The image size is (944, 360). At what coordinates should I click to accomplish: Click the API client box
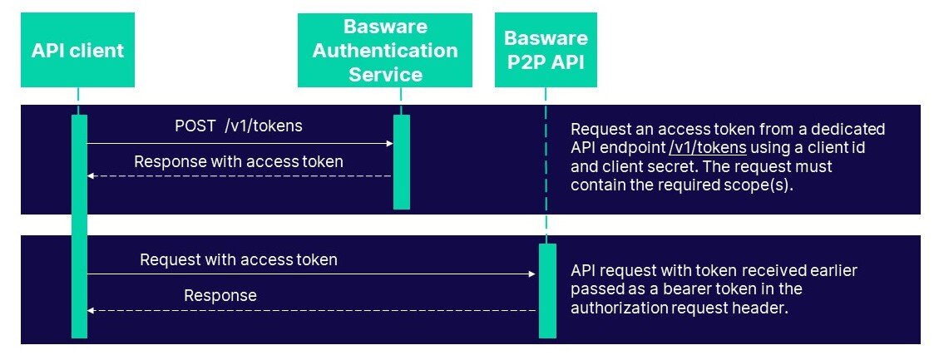tap(77, 50)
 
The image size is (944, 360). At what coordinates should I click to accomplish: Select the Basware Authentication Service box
tap(384, 50)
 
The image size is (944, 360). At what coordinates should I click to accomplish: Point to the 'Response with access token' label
tap(238, 161)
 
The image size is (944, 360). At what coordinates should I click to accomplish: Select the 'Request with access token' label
tap(239, 259)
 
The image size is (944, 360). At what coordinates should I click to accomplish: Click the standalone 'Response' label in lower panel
tap(220, 295)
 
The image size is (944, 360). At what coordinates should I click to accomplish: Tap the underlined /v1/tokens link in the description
tap(708, 148)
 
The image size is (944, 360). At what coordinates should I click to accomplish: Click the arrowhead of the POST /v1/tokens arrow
tap(389, 143)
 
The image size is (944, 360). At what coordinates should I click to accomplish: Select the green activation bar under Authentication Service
tap(401, 161)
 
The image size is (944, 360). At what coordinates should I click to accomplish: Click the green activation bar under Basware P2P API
tap(546, 291)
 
